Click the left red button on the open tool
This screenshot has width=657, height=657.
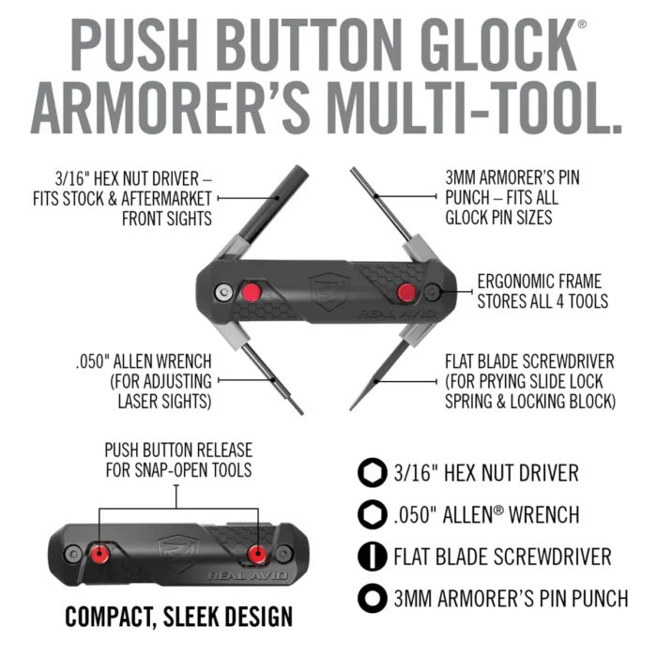coord(252,292)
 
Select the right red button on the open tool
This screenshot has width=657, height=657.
coord(406,292)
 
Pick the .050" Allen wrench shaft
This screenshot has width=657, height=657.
coord(273,379)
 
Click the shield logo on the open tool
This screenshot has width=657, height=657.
coord(329,291)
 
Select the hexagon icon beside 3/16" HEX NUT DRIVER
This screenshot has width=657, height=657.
coord(373,473)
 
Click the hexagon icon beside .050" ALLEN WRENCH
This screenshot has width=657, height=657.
coord(373,514)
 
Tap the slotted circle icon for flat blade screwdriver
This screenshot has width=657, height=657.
coord(373,557)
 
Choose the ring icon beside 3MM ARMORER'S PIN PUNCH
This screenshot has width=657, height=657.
coord(373,599)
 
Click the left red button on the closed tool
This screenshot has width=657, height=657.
coord(100,555)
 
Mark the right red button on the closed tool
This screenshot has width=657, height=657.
coord(257,555)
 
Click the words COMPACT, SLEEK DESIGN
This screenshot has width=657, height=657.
coord(179,617)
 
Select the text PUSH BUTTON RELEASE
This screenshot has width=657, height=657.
coord(178,451)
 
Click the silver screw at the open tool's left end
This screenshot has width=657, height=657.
coord(223,292)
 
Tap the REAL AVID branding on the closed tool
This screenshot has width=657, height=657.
coord(249,575)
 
